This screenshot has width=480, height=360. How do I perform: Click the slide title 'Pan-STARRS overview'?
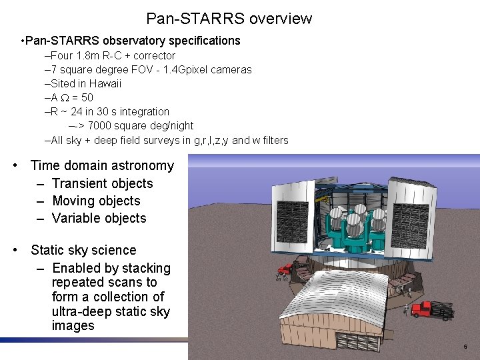pyautogui.click(x=229, y=19)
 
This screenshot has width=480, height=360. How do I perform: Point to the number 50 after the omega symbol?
pyautogui.click(x=86, y=97)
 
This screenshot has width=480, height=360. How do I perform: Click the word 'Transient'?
pyautogui.click(x=83, y=183)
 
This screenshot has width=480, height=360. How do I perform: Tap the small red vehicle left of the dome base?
pyautogui.click(x=285, y=269)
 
